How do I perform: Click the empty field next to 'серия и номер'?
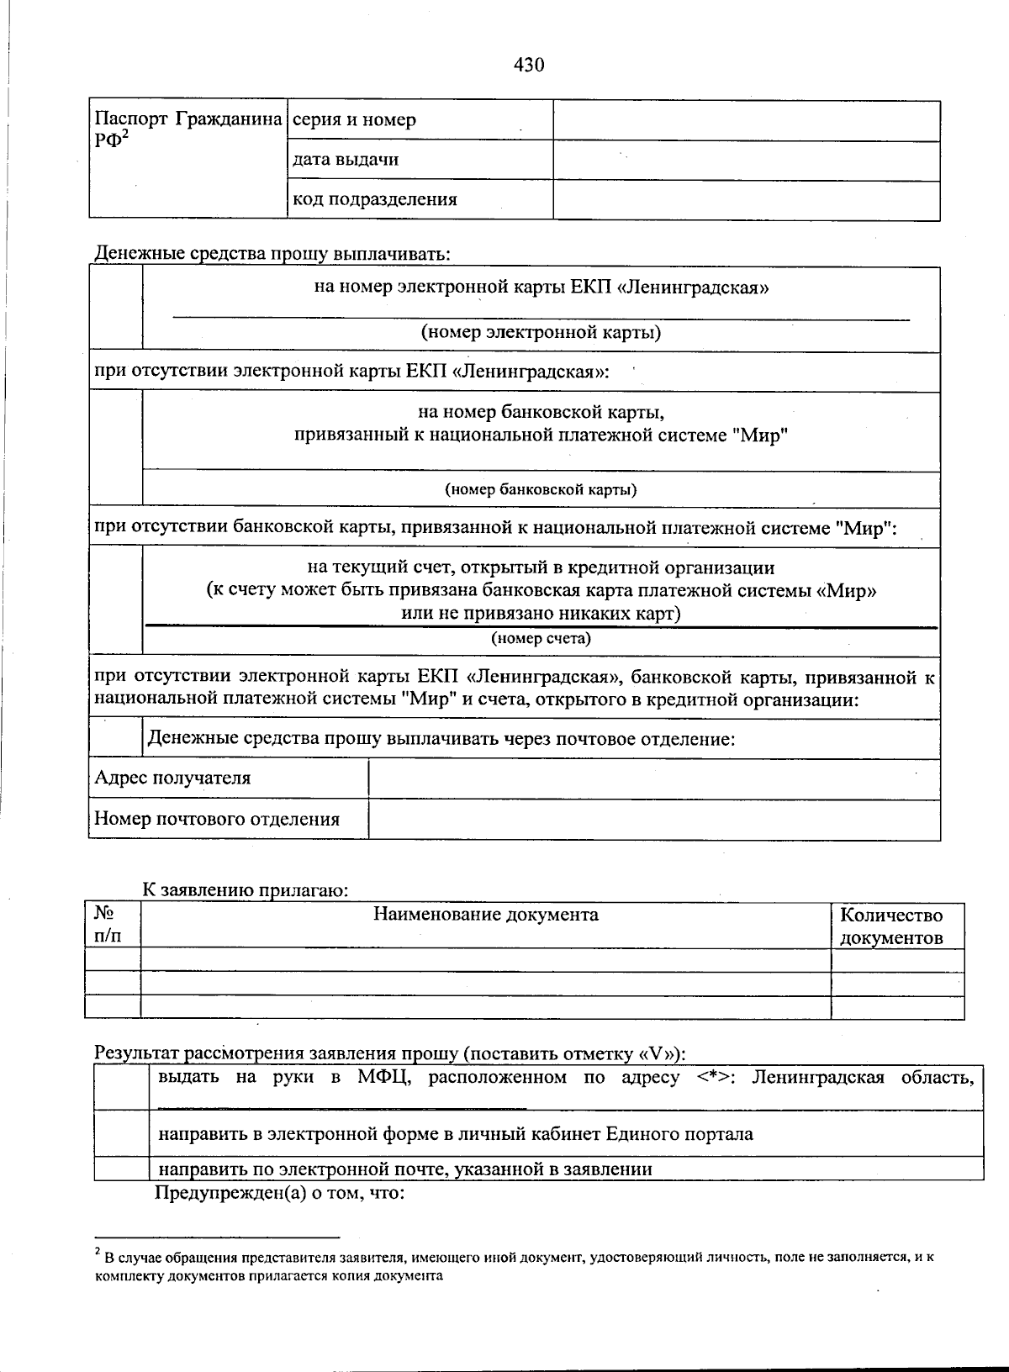tap(746, 120)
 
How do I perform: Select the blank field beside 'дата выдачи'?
tap(746, 161)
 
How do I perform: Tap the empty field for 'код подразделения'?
tap(746, 201)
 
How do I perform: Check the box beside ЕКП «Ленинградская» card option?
tap(116, 309)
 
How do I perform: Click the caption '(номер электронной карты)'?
tap(541, 332)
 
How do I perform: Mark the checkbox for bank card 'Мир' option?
tap(116, 449)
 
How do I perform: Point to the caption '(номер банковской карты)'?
tap(540, 489)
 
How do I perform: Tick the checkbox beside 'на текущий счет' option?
tap(116, 600)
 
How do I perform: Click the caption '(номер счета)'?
tap(541, 639)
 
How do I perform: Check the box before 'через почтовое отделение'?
tap(116, 739)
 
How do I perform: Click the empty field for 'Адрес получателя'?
tap(653, 778)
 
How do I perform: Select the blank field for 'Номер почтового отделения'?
tap(653, 820)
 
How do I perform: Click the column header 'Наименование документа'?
tap(486, 915)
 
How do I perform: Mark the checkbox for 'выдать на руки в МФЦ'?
tap(122, 1088)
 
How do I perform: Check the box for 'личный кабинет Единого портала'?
tap(122, 1134)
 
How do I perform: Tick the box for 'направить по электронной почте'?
tap(122, 1169)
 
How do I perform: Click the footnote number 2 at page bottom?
tap(98, 1253)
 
